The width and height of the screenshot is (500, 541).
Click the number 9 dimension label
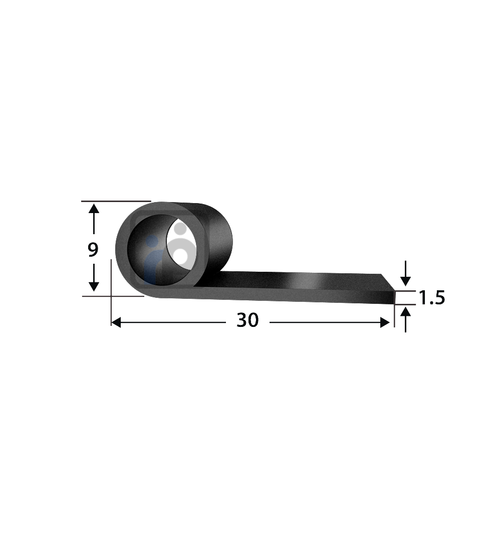click(93, 250)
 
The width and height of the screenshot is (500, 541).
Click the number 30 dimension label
click(247, 321)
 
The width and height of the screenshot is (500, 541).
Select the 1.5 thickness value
click(431, 298)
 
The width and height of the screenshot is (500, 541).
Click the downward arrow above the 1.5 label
click(405, 281)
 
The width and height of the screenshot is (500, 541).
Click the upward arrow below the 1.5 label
click(405, 313)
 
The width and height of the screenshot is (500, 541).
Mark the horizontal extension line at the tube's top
click(115, 201)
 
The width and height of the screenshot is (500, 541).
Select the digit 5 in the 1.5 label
click(438, 298)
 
